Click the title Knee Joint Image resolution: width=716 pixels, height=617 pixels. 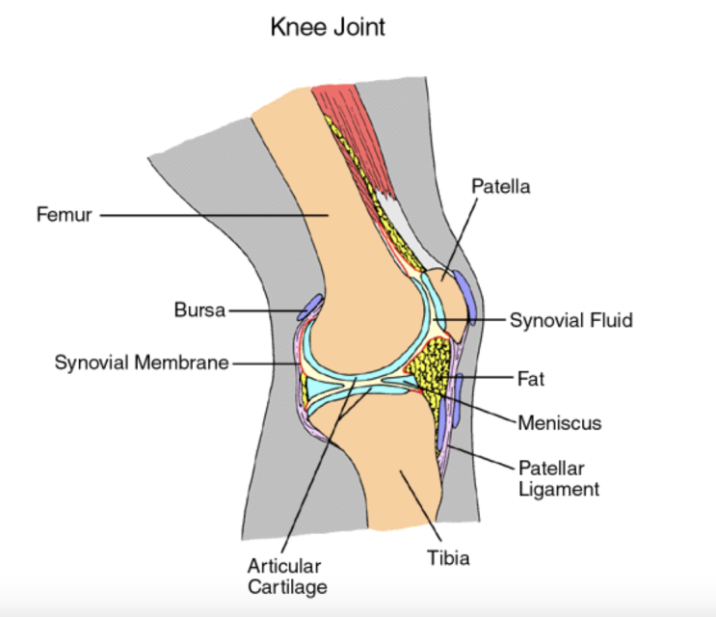328,26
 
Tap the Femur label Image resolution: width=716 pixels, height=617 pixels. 64,214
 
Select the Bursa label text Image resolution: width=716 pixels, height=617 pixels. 199,310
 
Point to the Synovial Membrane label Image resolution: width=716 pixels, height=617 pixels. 142,363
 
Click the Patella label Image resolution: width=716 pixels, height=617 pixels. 500,184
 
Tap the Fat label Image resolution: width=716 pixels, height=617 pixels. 530,379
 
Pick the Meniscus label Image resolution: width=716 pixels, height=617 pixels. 559,422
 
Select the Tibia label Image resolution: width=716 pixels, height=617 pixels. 448,556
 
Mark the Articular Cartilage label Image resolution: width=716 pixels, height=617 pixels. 283,576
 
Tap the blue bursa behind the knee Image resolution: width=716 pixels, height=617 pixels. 309,308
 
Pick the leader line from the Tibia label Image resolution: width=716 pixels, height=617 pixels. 420,506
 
